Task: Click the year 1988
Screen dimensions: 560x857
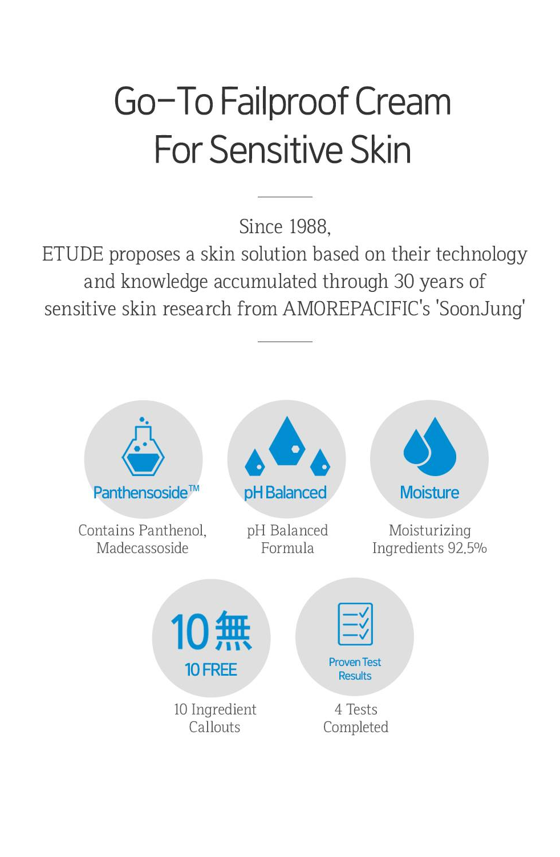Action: click(x=307, y=226)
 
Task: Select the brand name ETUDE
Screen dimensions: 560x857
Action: click(x=72, y=254)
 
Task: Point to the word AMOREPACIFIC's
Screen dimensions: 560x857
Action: click(x=356, y=308)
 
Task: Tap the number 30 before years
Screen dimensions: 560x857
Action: click(x=404, y=281)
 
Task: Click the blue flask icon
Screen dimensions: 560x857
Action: click(x=143, y=446)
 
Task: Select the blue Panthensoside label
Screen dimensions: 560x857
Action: click(x=146, y=493)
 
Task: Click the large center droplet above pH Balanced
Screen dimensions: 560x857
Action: click(x=287, y=441)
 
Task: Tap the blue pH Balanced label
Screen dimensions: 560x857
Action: click(x=285, y=493)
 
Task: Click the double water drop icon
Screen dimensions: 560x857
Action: click(x=429, y=447)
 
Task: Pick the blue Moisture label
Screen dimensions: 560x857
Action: click(x=429, y=493)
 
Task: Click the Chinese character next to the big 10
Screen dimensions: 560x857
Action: click(x=233, y=631)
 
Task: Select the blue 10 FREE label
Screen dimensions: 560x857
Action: click(x=211, y=669)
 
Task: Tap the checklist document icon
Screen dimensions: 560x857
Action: click(x=355, y=624)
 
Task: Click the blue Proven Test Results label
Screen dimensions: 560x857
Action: click(x=355, y=669)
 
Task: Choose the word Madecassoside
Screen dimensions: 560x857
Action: click(x=143, y=548)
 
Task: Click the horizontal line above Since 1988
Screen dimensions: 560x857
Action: click(x=285, y=197)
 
